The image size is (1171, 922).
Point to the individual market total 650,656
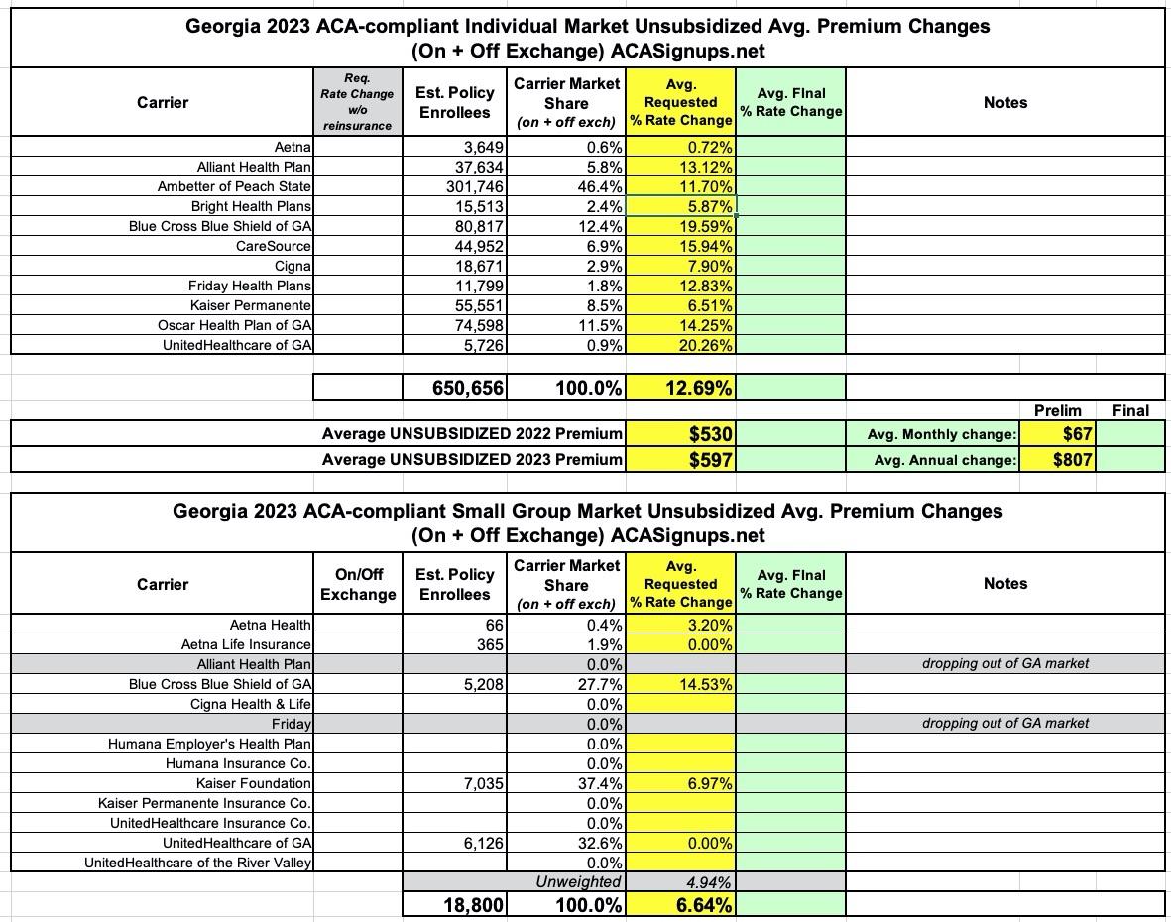[x=468, y=388]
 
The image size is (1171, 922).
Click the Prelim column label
[x=1057, y=410]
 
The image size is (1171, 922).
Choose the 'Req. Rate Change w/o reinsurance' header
[x=357, y=103]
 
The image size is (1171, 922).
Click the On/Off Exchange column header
[x=358, y=584]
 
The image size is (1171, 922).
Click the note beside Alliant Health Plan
[x=1004, y=663]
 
